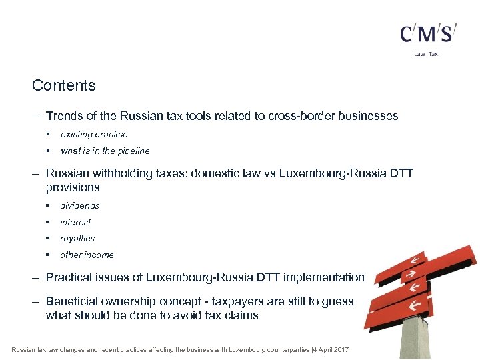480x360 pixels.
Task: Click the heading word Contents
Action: [64, 85]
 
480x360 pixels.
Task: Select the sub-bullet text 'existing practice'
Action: [94, 134]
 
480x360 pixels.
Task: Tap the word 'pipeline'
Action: [133, 151]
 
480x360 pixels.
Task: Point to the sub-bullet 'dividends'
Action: [79, 205]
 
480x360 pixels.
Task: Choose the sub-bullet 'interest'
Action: [75, 222]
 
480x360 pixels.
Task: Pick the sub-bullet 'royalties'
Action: [77, 238]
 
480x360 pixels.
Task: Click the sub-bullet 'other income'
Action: [87, 255]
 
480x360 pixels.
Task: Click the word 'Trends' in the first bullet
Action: [65, 116]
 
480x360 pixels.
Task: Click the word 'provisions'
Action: [73, 187]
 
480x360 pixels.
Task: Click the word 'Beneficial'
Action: [73, 301]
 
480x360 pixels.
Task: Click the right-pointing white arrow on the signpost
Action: [411, 273]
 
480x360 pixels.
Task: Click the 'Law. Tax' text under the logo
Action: [427, 54]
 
